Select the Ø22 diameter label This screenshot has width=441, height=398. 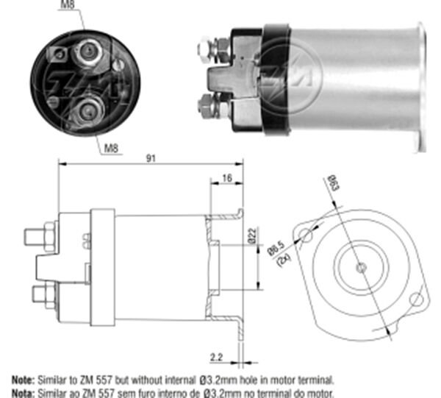(251, 236)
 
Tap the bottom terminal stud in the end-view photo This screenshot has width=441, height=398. (87, 109)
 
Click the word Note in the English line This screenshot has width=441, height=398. (21, 380)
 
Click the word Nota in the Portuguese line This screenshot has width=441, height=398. (21, 392)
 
